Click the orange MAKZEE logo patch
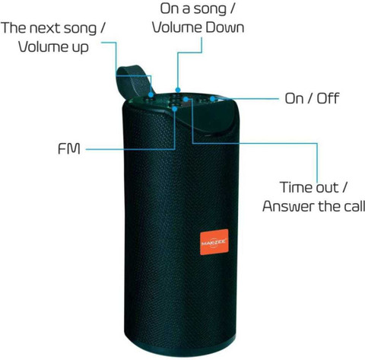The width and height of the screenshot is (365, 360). [214, 242]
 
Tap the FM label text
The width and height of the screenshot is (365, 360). [69, 148]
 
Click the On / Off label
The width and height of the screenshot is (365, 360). [312, 98]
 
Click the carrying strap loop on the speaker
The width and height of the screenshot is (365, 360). [132, 82]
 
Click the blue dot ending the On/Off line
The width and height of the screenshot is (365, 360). [212, 98]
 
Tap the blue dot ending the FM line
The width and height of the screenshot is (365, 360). [175, 109]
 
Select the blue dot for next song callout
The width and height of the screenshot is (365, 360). [151, 95]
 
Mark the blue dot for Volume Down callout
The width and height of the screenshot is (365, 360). [178, 90]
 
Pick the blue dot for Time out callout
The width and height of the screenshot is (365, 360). [186, 99]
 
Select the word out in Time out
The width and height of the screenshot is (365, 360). [327, 188]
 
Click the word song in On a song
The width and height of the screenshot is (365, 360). [210, 9]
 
